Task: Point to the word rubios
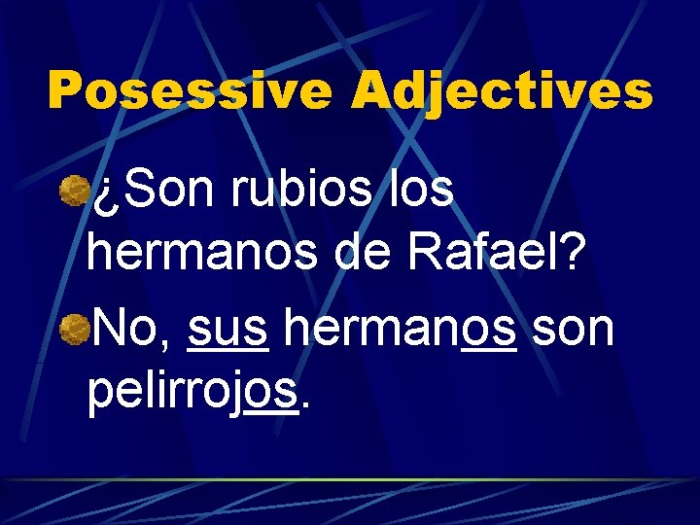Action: tap(303, 191)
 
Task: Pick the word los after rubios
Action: tap(419, 191)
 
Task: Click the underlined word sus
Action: tap(227, 332)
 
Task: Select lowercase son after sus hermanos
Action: tap(574, 332)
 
